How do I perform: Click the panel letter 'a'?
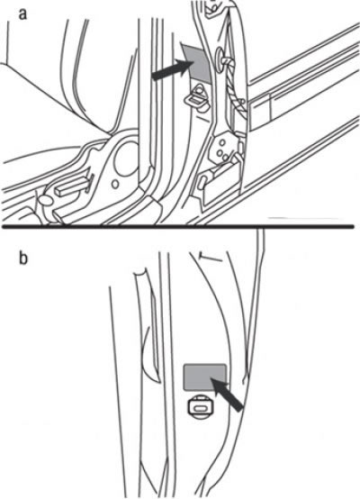[x=22, y=15]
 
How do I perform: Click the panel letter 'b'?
[x=23, y=258]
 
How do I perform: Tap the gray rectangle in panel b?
[x=205, y=377]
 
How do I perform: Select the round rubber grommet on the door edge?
[x=220, y=57]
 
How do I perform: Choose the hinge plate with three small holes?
[x=223, y=150]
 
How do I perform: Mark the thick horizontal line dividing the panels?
[x=178, y=227]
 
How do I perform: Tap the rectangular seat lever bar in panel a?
[x=72, y=186]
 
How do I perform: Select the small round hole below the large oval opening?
[x=115, y=184]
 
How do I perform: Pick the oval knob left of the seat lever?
[x=45, y=201]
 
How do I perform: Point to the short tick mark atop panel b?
[x=211, y=257]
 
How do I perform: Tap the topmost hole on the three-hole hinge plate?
[x=221, y=142]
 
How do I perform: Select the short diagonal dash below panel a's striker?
[x=202, y=118]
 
